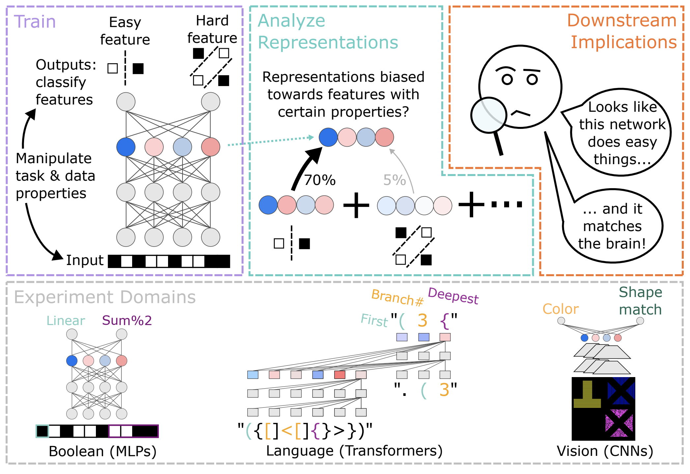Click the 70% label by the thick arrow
tap(320, 180)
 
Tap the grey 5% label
tap(394, 180)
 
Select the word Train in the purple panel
tap(35, 22)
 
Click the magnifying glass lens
tap(489, 115)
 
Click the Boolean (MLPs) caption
tap(102, 452)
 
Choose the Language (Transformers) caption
tap(354, 451)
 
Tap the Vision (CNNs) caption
tap(605, 451)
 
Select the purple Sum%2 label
tap(127, 320)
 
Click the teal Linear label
tap(66, 320)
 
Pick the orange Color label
tap(561, 309)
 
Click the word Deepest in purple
tap(453, 296)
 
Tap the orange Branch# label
tap(397, 297)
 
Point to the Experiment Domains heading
tap(105, 297)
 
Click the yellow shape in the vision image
tap(587, 395)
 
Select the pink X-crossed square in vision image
tap(619, 423)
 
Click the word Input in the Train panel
tap(85, 260)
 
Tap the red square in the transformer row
tap(339, 375)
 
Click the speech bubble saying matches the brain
tap(612, 226)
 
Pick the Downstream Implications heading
tap(622, 31)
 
